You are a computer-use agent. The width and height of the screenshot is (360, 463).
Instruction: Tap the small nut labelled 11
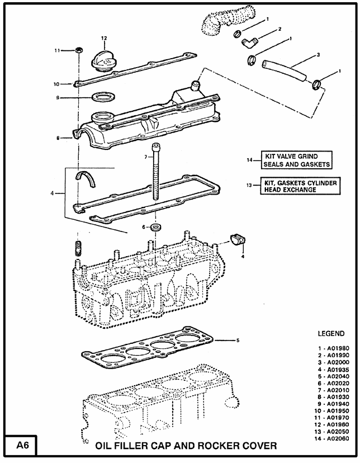[x=79, y=51]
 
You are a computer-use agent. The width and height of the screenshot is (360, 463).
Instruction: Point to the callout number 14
[x=249, y=160]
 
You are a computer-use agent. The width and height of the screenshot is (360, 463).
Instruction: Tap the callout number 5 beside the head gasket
[x=238, y=340]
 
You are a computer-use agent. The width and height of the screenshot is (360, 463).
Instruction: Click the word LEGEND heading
[x=331, y=333]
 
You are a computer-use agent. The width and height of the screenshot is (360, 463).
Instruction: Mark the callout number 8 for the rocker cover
[x=66, y=137]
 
